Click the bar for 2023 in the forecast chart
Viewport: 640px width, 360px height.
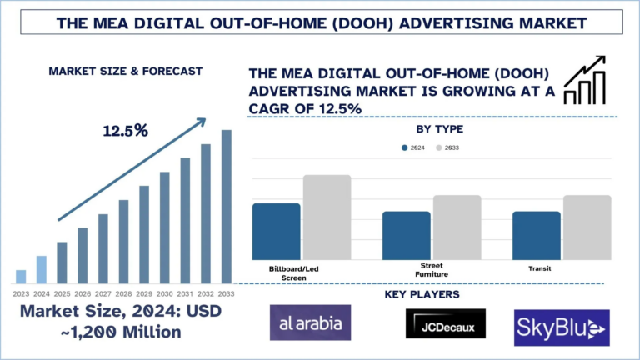click(21, 277)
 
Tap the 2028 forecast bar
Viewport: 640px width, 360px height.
click(123, 242)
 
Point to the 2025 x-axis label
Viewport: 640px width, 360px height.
click(62, 293)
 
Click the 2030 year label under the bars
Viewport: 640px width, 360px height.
click(164, 293)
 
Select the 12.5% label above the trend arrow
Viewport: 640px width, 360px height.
click(125, 131)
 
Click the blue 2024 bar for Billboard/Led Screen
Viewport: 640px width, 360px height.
click(276, 231)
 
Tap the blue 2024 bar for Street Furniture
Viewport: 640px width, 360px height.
click(407, 235)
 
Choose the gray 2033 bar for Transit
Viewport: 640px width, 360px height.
click(587, 227)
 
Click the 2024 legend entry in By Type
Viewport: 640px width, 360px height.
click(412, 147)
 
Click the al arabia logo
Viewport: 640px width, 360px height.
click(310, 322)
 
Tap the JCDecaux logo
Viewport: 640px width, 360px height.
click(445, 324)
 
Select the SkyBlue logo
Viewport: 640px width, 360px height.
click(562, 327)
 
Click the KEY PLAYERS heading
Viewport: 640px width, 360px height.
click(422, 294)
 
